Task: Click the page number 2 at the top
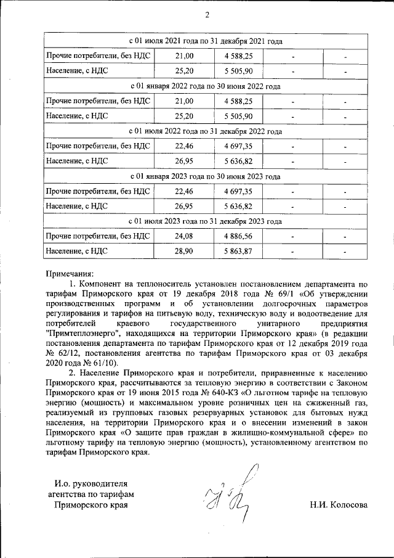206,15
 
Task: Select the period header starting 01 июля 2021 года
205,41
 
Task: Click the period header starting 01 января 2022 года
205,86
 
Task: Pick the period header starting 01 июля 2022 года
205,131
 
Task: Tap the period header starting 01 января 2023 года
205,176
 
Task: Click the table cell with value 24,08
184,236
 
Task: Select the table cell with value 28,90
184,251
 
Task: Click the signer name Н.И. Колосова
339,505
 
